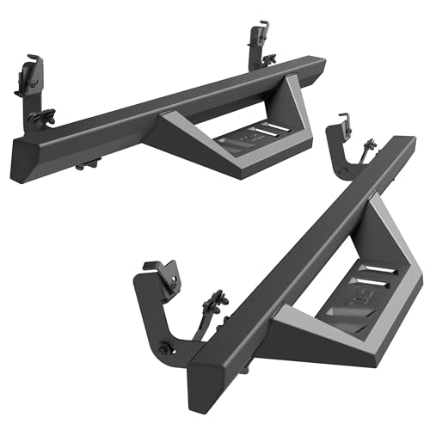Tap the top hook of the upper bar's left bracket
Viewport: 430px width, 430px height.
coord(33,62)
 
